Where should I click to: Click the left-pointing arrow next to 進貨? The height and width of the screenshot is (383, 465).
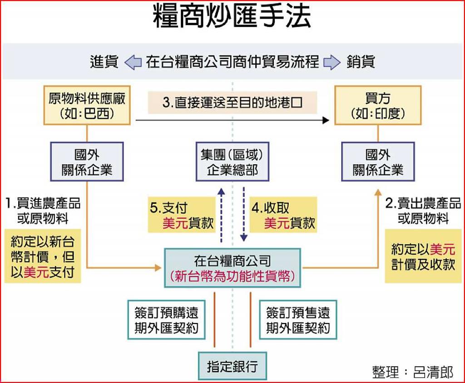(x=133, y=62)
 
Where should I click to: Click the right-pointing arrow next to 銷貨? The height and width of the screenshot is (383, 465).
(x=332, y=62)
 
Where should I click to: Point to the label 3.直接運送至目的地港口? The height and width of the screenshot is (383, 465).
(x=232, y=103)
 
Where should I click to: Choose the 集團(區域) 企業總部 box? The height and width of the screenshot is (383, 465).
(x=232, y=162)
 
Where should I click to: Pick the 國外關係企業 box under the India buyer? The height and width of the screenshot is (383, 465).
(x=378, y=162)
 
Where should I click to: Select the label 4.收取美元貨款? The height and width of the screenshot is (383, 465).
(x=283, y=215)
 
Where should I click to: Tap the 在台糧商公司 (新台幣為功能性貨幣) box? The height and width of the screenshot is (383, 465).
(x=232, y=268)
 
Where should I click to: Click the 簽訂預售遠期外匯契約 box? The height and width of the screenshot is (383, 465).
(x=298, y=320)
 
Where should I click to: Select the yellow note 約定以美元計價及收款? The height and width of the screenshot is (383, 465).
(x=423, y=256)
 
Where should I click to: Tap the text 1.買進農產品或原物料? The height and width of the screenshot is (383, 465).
(x=43, y=210)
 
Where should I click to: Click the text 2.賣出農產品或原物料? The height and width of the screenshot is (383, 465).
(x=423, y=210)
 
